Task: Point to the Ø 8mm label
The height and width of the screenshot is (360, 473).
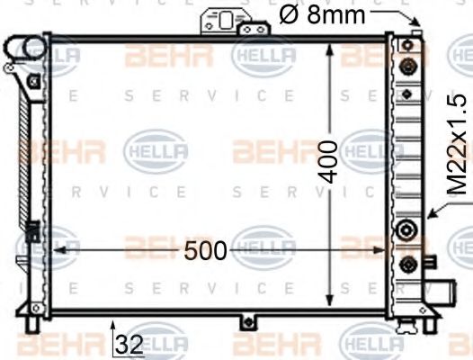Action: [322, 14]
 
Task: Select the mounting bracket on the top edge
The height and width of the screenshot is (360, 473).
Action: [220, 23]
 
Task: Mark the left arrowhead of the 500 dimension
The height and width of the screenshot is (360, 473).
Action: [56, 251]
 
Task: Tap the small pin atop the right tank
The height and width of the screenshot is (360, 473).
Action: [415, 35]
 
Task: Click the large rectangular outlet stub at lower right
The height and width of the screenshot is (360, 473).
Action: [442, 292]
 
